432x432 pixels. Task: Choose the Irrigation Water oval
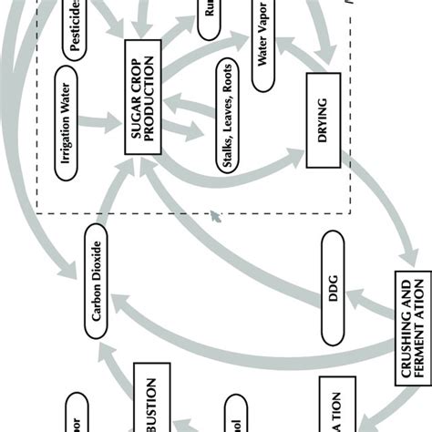(x=76, y=116)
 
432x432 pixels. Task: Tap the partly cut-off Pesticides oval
(x=74, y=26)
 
